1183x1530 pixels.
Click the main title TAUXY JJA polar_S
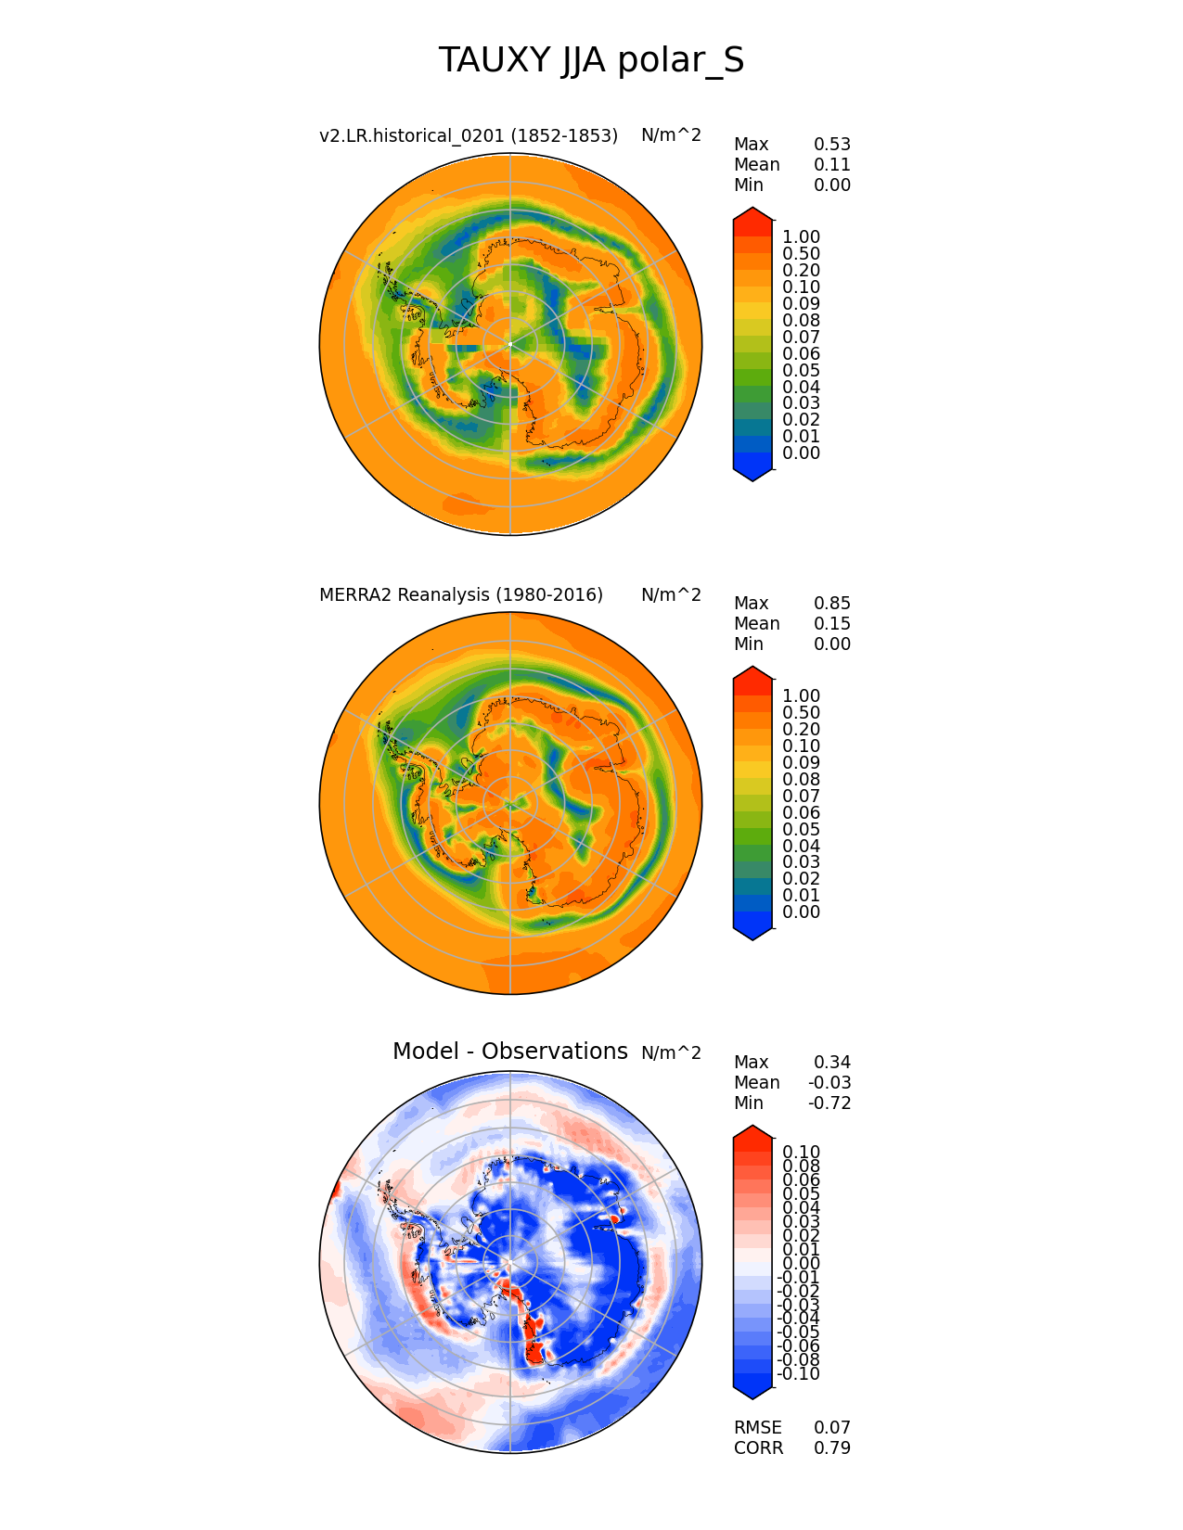pyautogui.click(x=591, y=60)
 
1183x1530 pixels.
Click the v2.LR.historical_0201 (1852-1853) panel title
pyautogui.click(x=469, y=135)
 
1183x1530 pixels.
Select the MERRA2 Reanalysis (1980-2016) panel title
pyautogui.click(x=461, y=594)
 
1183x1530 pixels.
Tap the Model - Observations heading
pyautogui.click(x=509, y=1051)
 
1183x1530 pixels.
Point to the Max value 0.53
pyautogui.click(x=831, y=144)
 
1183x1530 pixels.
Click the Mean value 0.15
pyautogui.click(x=831, y=623)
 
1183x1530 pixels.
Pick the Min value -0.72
pyautogui.click(x=829, y=1103)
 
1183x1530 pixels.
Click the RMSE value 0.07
pyautogui.click(x=831, y=1427)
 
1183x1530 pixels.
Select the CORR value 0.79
pyautogui.click(x=831, y=1447)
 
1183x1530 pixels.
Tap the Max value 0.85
pyautogui.click(x=831, y=603)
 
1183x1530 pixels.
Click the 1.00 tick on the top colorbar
pyautogui.click(x=801, y=237)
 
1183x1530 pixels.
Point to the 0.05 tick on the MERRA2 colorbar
pyautogui.click(x=801, y=829)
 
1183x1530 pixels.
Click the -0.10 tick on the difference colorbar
pyautogui.click(x=798, y=1373)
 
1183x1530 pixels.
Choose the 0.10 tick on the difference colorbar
pyautogui.click(x=801, y=1152)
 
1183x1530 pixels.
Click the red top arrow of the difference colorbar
pyautogui.click(x=752, y=1133)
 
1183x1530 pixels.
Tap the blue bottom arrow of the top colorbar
pyautogui.click(x=752, y=473)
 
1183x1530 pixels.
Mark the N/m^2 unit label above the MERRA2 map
pyautogui.click(x=671, y=594)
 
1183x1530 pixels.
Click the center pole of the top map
pyautogui.click(x=510, y=344)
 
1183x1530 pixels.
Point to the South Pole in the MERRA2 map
pyautogui.click(x=510, y=803)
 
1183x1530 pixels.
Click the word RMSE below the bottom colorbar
pyautogui.click(x=757, y=1427)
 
